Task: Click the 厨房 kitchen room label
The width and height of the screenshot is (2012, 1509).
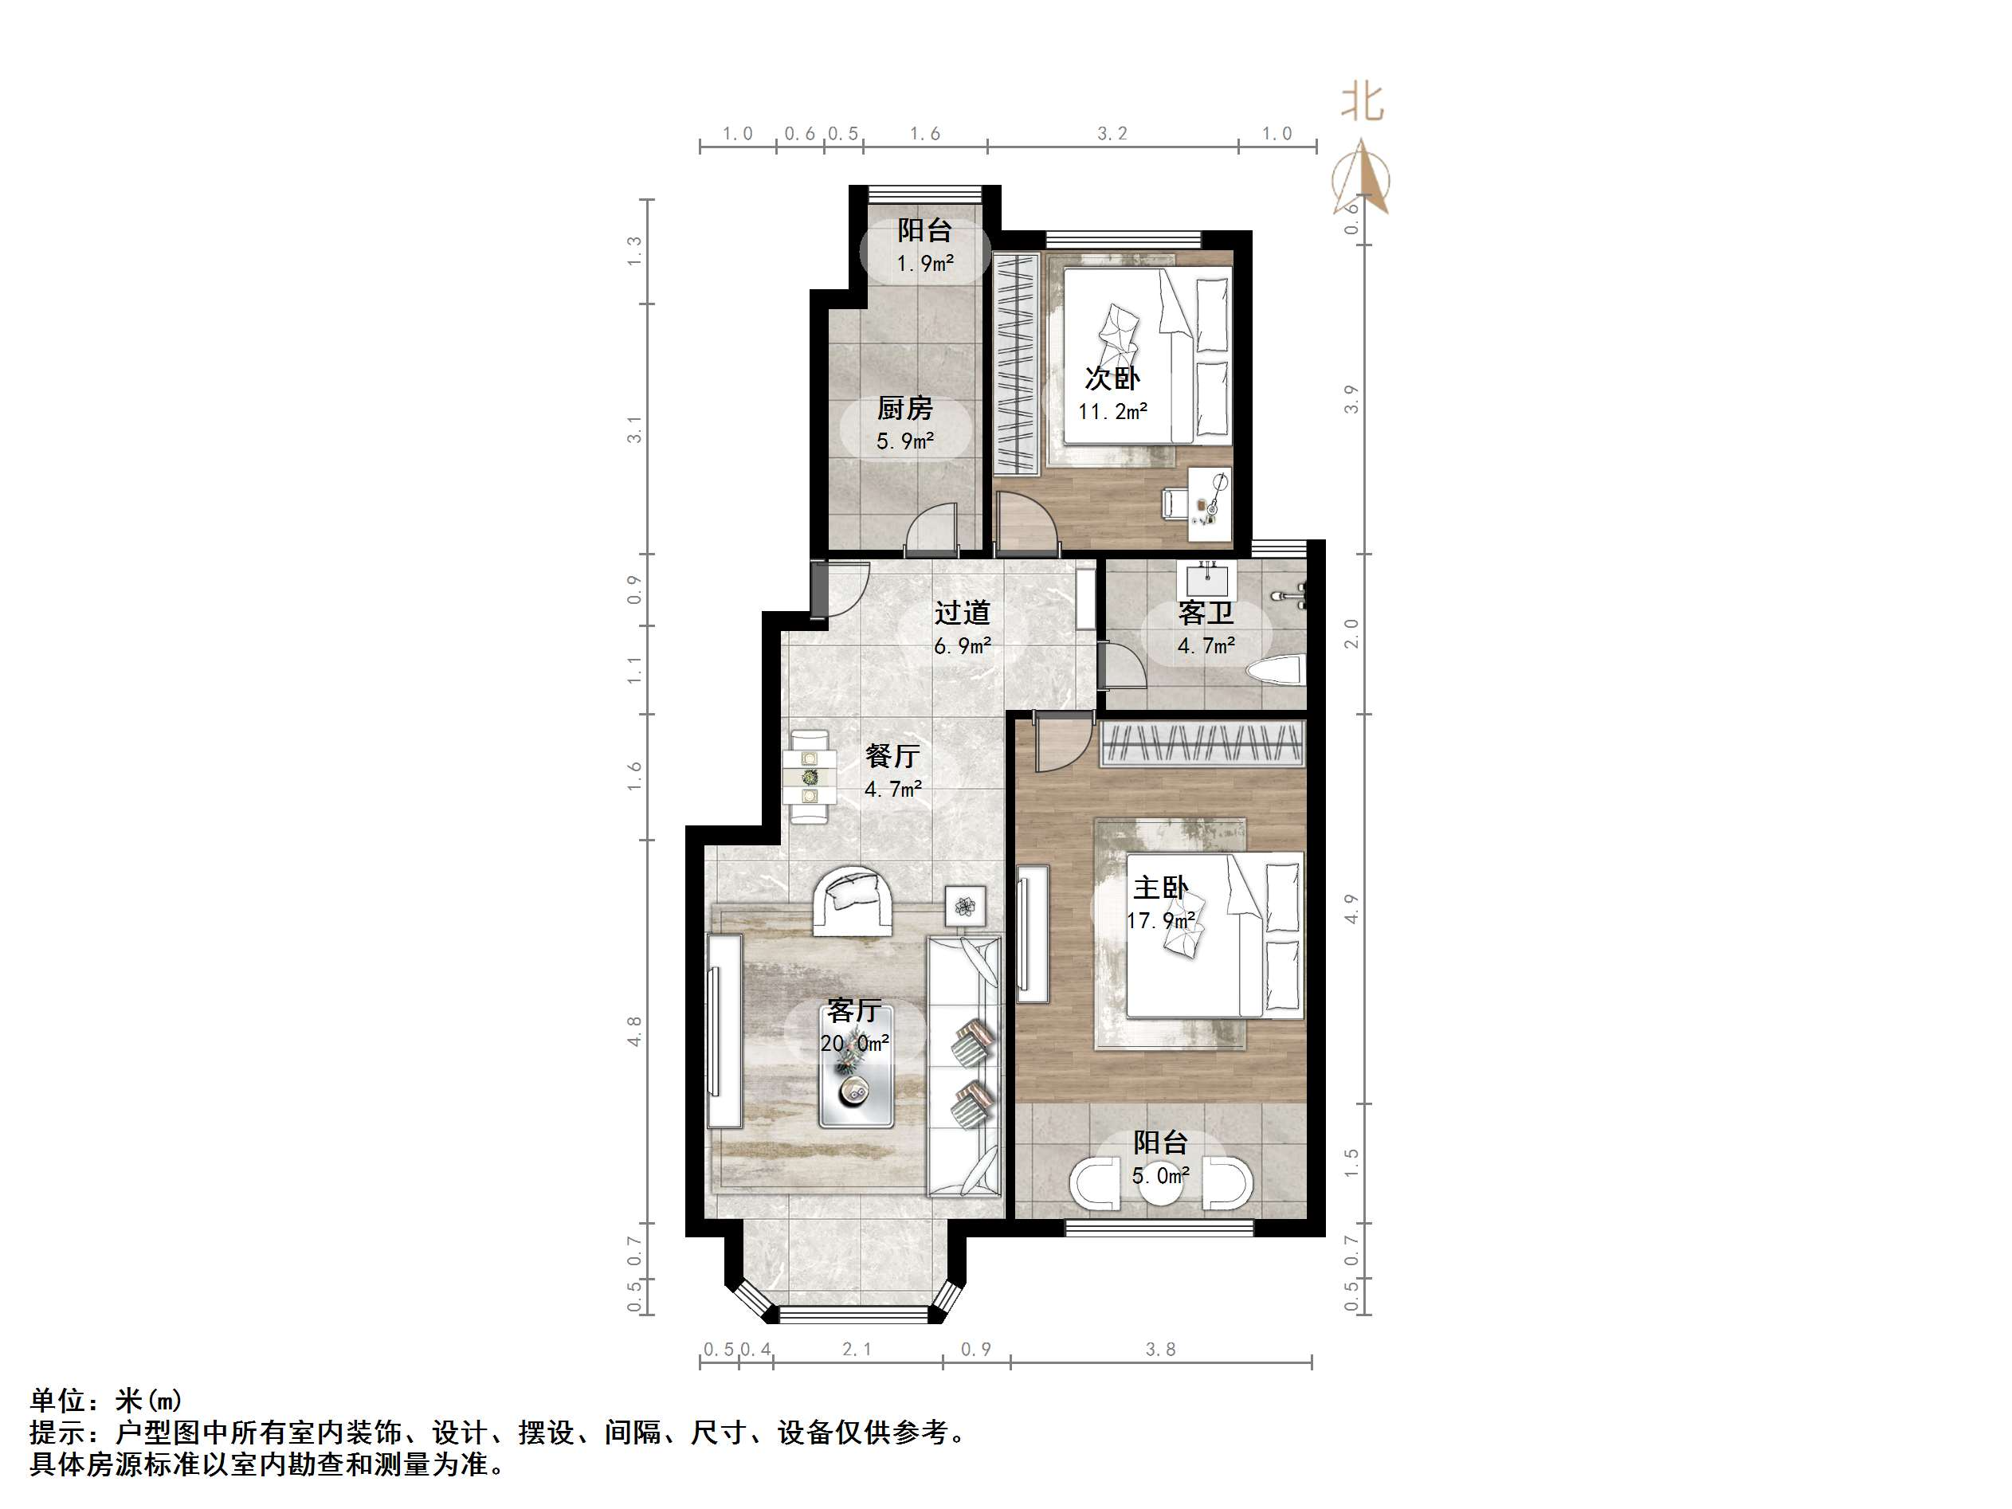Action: pyautogui.click(x=905, y=409)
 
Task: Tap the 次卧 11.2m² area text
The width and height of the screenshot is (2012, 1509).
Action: pyautogui.click(x=1112, y=412)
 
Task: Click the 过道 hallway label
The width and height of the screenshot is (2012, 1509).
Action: pyautogui.click(x=962, y=613)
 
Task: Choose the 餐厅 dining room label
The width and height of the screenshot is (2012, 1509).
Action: pyautogui.click(x=892, y=755)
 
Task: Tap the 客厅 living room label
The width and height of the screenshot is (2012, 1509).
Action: pyautogui.click(x=854, y=1010)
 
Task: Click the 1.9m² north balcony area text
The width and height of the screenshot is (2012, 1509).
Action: pyautogui.click(x=925, y=264)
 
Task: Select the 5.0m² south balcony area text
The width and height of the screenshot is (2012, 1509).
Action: pyautogui.click(x=1161, y=1176)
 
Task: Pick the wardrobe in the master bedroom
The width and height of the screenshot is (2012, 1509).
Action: pyautogui.click(x=1202, y=744)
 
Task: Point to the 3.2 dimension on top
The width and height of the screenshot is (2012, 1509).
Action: pyautogui.click(x=1112, y=134)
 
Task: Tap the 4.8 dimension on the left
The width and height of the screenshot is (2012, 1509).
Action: pyautogui.click(x=635, y=1030)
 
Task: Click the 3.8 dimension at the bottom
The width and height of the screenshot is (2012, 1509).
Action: pyautogui.click(x=1161, y=1350)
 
